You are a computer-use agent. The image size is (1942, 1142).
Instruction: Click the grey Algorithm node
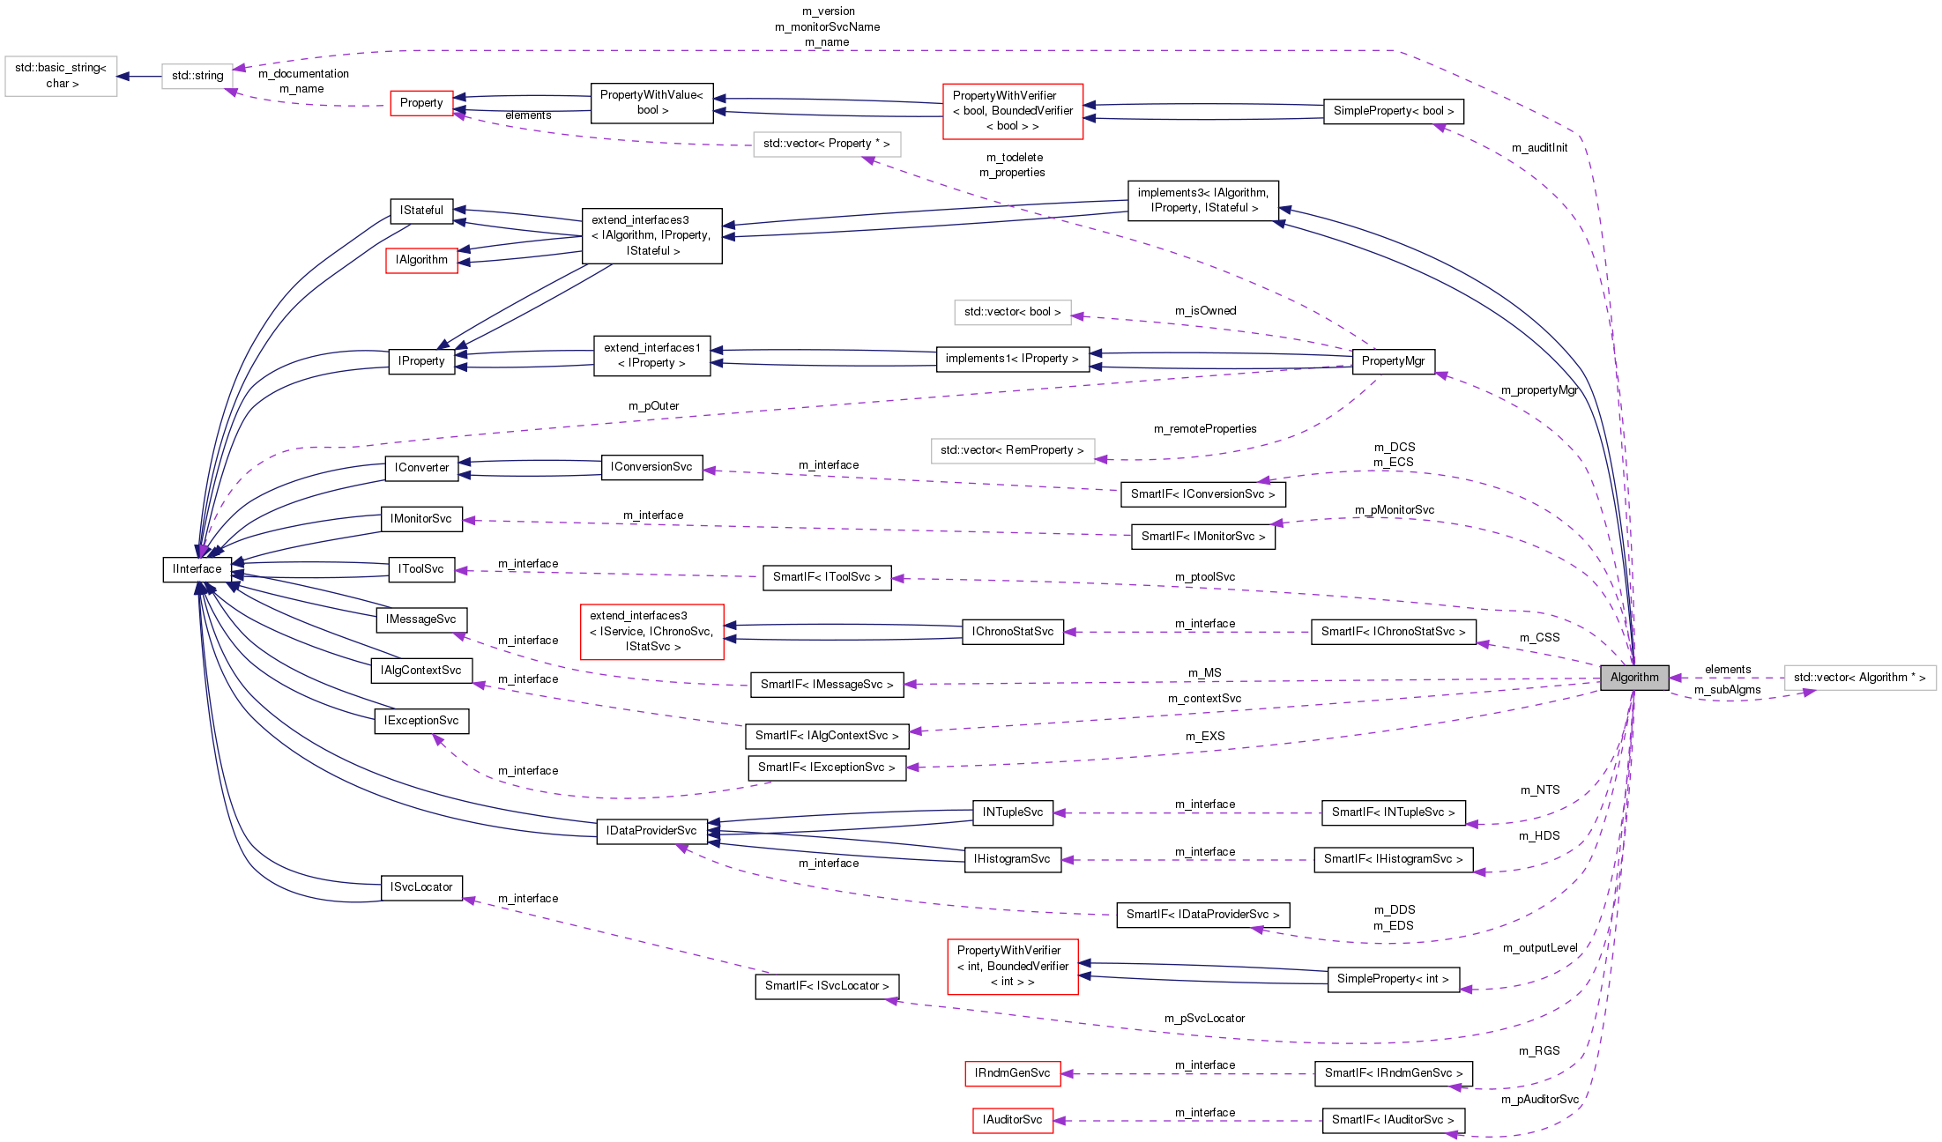[1633, 677]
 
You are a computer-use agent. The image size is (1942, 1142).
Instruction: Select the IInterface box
[197, 569]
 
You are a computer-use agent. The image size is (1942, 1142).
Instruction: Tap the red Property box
[421, 103]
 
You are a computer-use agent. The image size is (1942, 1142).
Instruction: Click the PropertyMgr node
[1393, 360]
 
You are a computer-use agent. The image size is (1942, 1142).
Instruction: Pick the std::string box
[197, 76]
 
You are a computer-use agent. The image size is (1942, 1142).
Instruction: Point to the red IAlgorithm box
[421, 260]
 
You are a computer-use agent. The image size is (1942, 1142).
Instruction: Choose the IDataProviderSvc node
[651, 830]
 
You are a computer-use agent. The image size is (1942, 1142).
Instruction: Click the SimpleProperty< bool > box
[1393, 111]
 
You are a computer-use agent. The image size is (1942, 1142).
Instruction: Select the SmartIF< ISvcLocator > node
[826, 985]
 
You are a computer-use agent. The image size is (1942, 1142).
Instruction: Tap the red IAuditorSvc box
[1012, 1120]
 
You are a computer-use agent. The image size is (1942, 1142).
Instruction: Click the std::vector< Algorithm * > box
[1859, 678]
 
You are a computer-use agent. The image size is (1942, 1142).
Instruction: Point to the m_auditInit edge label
[1539, 148]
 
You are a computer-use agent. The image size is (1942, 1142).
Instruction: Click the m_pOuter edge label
[653, 406]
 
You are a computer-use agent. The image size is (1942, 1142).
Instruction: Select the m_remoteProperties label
[1205, 429]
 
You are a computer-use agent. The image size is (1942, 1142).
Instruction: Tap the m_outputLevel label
[1540, 948]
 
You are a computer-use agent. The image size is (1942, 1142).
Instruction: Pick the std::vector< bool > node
[1012, 312]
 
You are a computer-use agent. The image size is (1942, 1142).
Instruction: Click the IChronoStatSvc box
[1012, 632]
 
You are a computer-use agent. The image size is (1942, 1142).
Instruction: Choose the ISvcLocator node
[421, 887]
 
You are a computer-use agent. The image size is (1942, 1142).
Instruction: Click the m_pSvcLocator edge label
[1204, 1019]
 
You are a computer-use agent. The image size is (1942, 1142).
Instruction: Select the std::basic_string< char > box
[61, 76]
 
